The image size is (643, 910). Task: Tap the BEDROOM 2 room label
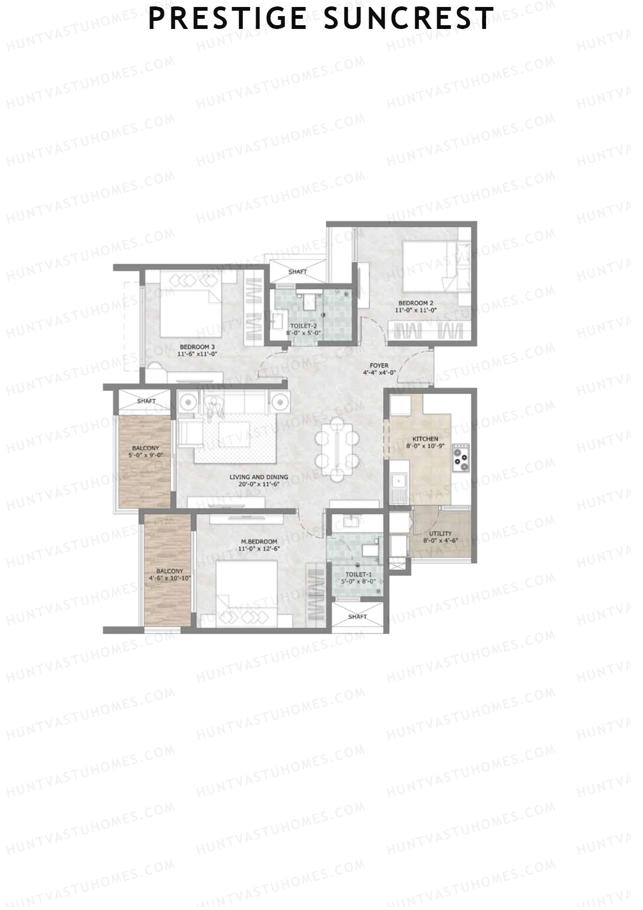(415, 302)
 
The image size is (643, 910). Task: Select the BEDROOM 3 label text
(197, 346)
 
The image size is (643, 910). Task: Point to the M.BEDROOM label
(259, 542)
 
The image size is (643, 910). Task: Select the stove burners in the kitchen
(460, 458)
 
